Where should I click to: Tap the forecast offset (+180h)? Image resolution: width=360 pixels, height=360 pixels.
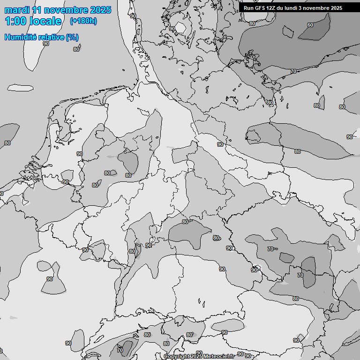(x=83, y=21)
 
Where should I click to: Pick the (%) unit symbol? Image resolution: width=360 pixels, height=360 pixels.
(x=72, y=37)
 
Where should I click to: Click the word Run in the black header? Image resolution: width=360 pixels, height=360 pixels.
(x=248, y=8)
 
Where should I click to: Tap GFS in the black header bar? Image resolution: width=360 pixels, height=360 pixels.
(x=260, y=8)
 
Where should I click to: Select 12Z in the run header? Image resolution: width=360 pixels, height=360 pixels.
(x=272, y=8)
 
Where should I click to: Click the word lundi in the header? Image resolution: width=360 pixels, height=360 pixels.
(x=293, y=8)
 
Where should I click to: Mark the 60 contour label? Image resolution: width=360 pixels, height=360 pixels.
(x=310, y=25)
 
